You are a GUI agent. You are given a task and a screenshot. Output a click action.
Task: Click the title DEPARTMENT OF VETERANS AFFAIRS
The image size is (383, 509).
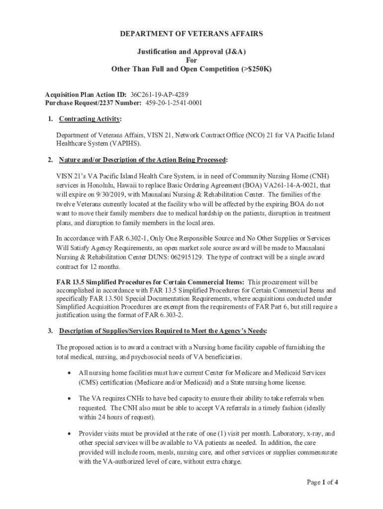pos(191,34)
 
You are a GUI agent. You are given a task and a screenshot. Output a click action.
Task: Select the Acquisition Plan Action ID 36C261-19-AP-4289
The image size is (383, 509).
pos(159,94)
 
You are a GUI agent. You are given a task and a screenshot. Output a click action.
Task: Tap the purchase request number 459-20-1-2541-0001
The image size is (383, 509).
pos(174,103)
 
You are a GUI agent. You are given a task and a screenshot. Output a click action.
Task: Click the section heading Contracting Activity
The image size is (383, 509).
pos(90,119)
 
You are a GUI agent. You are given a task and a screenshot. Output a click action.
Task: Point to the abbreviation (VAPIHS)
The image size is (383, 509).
pos(127,144)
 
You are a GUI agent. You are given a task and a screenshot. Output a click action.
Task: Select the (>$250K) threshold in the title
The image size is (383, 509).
pos(255,69)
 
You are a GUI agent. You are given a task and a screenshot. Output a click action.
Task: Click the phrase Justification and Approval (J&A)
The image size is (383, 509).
pos(191,51)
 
